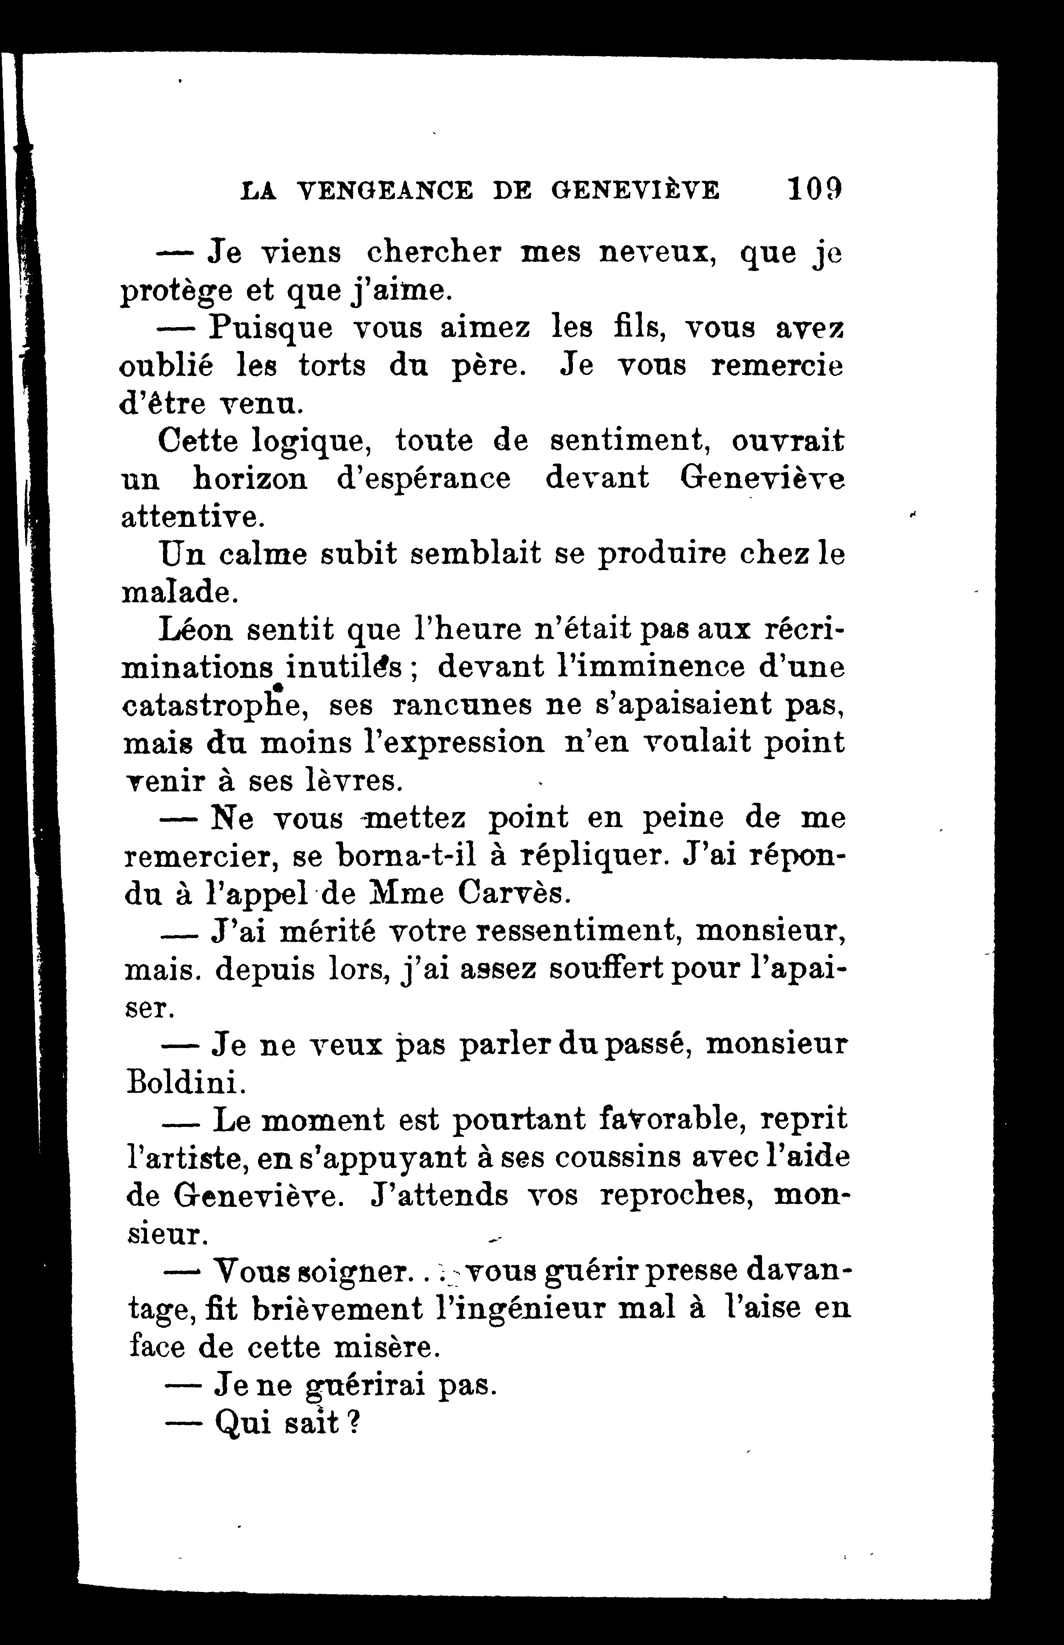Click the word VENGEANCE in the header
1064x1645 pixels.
[x=384, y=190]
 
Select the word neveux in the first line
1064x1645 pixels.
[x=655, y=253]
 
